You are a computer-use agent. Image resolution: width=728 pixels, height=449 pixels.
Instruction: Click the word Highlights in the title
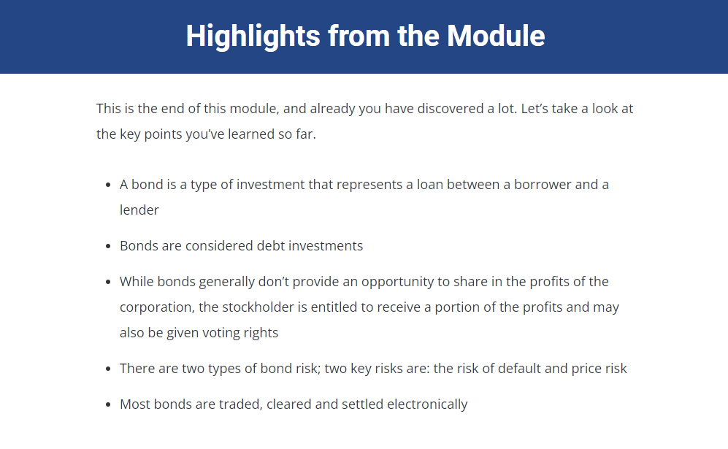click(x=253, y=37)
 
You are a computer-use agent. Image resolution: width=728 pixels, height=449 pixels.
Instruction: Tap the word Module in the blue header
click(x=496, y=36)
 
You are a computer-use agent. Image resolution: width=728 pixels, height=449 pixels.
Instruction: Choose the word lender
click(x=139, y=210)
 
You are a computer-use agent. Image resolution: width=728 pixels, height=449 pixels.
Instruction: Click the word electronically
click(x=427, y=404)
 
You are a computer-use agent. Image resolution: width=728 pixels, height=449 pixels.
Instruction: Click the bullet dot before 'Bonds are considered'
click(x=108, y=247)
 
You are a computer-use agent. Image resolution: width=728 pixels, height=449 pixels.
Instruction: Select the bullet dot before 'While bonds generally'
click(x=108, y=283)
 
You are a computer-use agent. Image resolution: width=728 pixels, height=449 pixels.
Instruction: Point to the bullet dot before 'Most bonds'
click(x=108, y=405)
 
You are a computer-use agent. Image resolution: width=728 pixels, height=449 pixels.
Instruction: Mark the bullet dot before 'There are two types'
click(x=108, y=369)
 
